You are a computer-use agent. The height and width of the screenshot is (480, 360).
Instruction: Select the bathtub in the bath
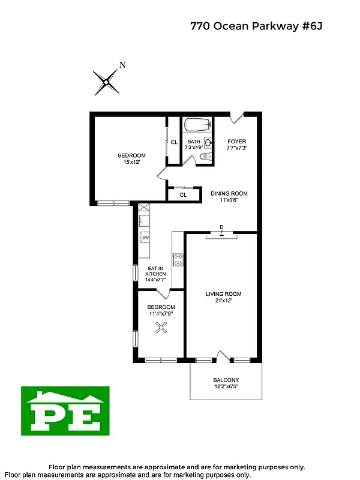click(x=197, y=125)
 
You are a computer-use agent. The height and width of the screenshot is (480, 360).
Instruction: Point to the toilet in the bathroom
click(x=204, y=157)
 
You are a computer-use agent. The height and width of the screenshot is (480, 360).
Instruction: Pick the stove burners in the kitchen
click(x=178, y=260)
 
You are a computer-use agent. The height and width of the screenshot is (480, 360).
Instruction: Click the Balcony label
click(x=226, y=380)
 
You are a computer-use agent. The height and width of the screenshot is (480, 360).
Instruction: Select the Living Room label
click(x=223, y=293)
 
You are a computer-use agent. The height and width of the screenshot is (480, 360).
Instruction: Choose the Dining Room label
click(x=229, y=193)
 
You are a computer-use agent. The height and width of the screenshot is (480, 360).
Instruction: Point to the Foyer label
click(x=236, y=142)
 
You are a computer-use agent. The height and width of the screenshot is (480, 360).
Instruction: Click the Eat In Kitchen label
click(x=155, y=274)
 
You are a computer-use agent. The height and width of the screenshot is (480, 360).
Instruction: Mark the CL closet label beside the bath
click(x=174, y=142)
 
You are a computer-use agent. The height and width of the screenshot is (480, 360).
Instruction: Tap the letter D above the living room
click(x=221, y=227)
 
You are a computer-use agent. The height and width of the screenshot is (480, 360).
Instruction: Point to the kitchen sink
click(x=145, y=221)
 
